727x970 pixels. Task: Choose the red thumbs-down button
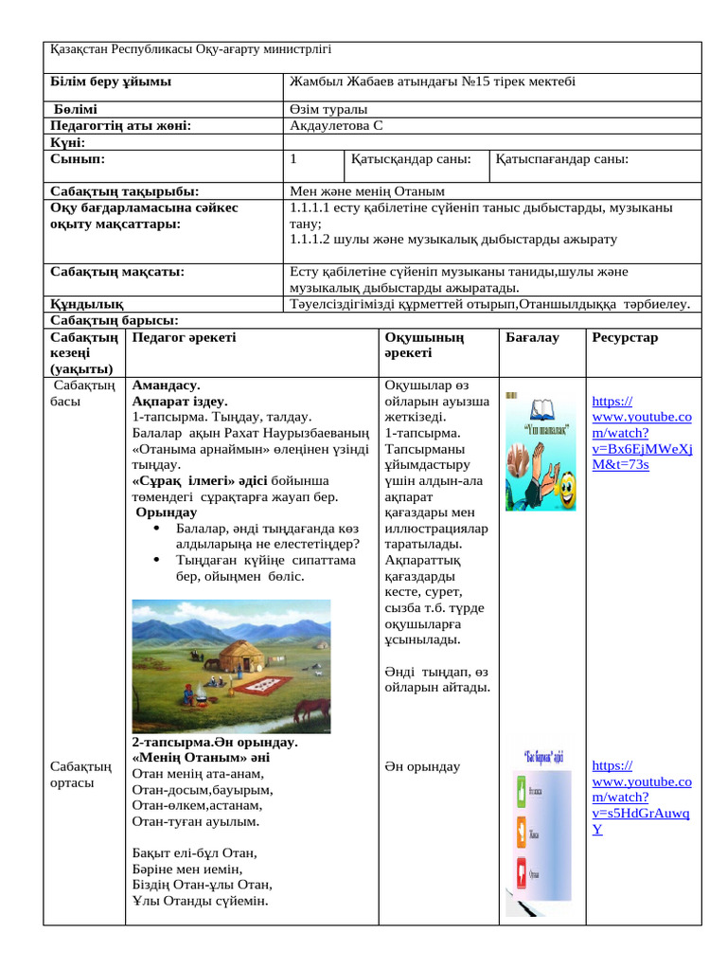pos(520,872)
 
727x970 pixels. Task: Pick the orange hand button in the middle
pos(520,832)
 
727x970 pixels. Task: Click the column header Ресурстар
pos(625,337)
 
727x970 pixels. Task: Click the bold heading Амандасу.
pos(166,386)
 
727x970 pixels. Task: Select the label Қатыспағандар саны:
pos(563,160)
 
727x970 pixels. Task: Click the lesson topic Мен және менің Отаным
pos(367,191)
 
